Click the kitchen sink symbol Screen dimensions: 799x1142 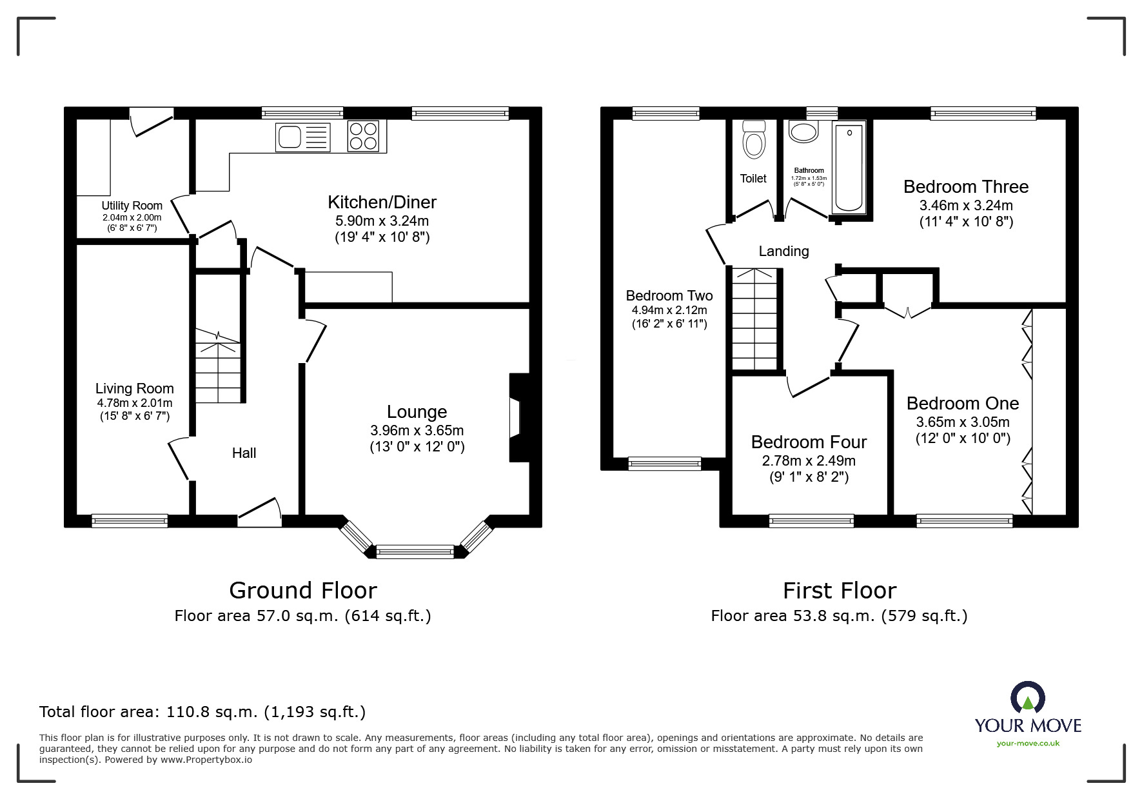point(302,137)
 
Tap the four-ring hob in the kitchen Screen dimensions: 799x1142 point(363,136)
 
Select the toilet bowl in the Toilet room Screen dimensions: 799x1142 point(753,140)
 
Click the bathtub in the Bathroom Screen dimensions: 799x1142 point(849,168)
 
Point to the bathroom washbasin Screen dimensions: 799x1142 point(803,133)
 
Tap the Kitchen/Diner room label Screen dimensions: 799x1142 point(382,202)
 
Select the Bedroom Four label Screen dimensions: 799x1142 point(809,442)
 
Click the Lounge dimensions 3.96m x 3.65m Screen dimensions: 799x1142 point(417,430)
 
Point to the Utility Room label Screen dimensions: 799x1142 point(132,206)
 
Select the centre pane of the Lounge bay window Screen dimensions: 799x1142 point(415,551)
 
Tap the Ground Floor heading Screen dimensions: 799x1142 point(303,590)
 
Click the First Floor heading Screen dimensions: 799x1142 point(839,590)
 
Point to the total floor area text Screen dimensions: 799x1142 point(202,712)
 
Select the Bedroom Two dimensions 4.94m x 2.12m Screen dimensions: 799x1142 point(669,310)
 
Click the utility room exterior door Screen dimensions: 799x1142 point(152,123)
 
